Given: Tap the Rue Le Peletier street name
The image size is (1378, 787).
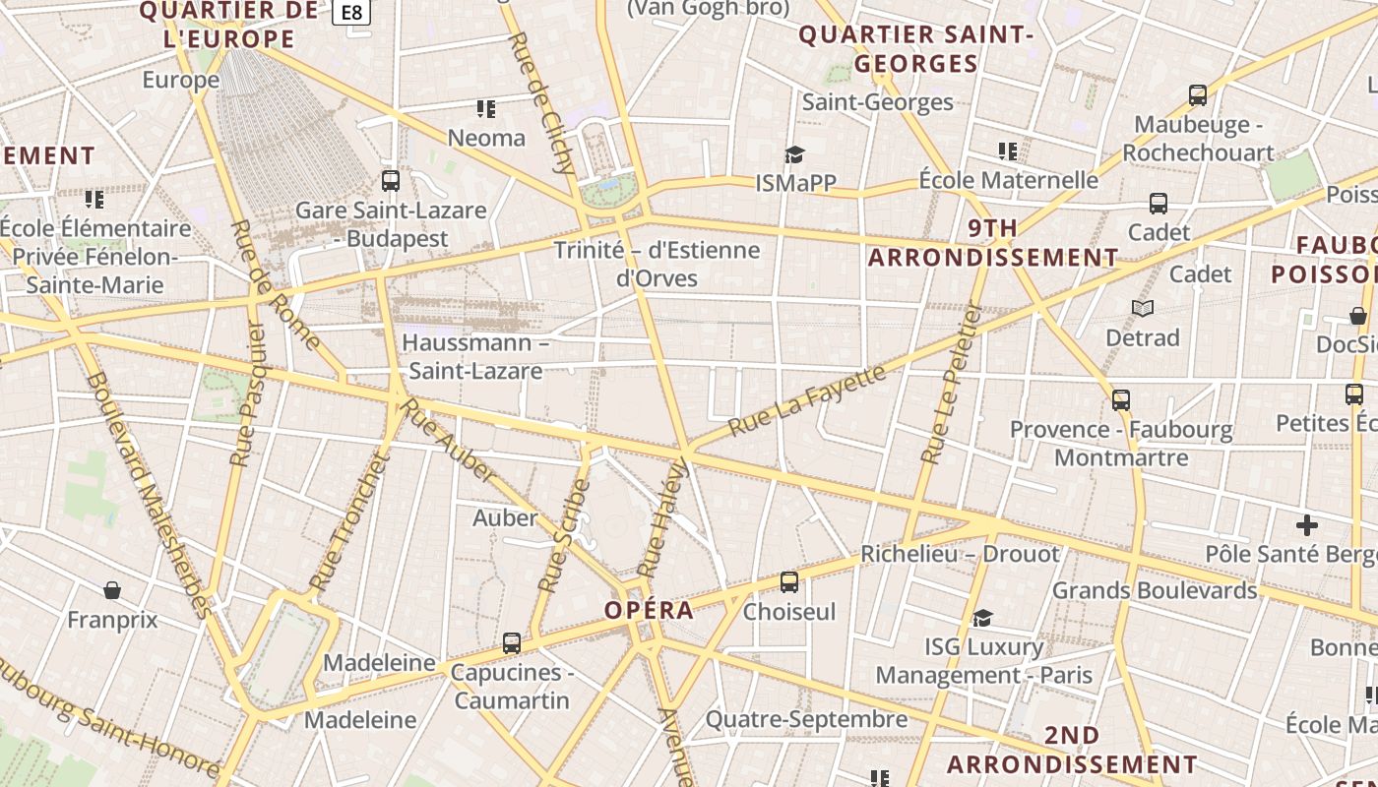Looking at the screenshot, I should coord(951,383).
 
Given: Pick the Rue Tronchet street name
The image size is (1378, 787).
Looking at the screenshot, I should coord(348,522).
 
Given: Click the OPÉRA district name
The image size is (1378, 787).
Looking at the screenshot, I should coord(650,610).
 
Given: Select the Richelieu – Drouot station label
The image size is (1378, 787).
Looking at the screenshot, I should coord(960,554).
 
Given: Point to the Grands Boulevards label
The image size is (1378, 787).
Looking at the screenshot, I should coord(1155,590).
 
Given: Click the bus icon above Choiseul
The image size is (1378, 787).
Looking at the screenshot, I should coord(789,582).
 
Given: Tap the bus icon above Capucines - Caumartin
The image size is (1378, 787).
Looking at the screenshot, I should coord(512,643).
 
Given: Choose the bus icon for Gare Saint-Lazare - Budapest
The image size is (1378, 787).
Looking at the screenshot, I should coord(391,181).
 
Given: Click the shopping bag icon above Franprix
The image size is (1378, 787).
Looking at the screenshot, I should coord(112,590).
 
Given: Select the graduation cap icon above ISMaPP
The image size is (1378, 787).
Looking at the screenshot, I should coord(794,154).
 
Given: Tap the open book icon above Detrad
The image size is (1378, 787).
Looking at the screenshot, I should coord(1143,309).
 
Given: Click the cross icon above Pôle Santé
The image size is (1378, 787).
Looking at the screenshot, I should coord(1307,524).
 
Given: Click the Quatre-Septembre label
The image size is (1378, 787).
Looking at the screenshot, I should coord(806,719).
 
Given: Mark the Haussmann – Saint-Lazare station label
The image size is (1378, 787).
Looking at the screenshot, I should coord(475,357).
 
